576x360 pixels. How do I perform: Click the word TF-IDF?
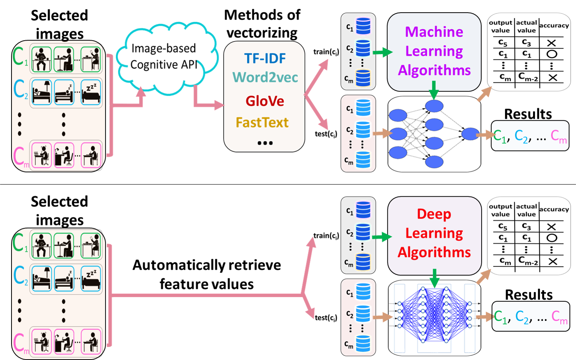[x=265, y=58]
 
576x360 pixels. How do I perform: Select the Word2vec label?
[x=265, y=77]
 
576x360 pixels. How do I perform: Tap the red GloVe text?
[x=265, y=101]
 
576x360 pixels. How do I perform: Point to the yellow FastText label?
[x=262, y=123]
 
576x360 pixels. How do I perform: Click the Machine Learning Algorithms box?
[x=434, y=52]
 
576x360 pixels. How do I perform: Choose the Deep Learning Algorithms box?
[x=434, y=235]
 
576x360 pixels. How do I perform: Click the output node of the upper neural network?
[x=470, y=134]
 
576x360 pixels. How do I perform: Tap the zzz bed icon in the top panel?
[x=91, y=92]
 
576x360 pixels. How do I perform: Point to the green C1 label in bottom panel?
[x=19, y=243]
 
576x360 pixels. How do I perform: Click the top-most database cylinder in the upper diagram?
[x=363, y=26]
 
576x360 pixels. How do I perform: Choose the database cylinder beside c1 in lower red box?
[x=363, y=292]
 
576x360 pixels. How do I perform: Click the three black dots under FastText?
[x=265, y=143]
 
